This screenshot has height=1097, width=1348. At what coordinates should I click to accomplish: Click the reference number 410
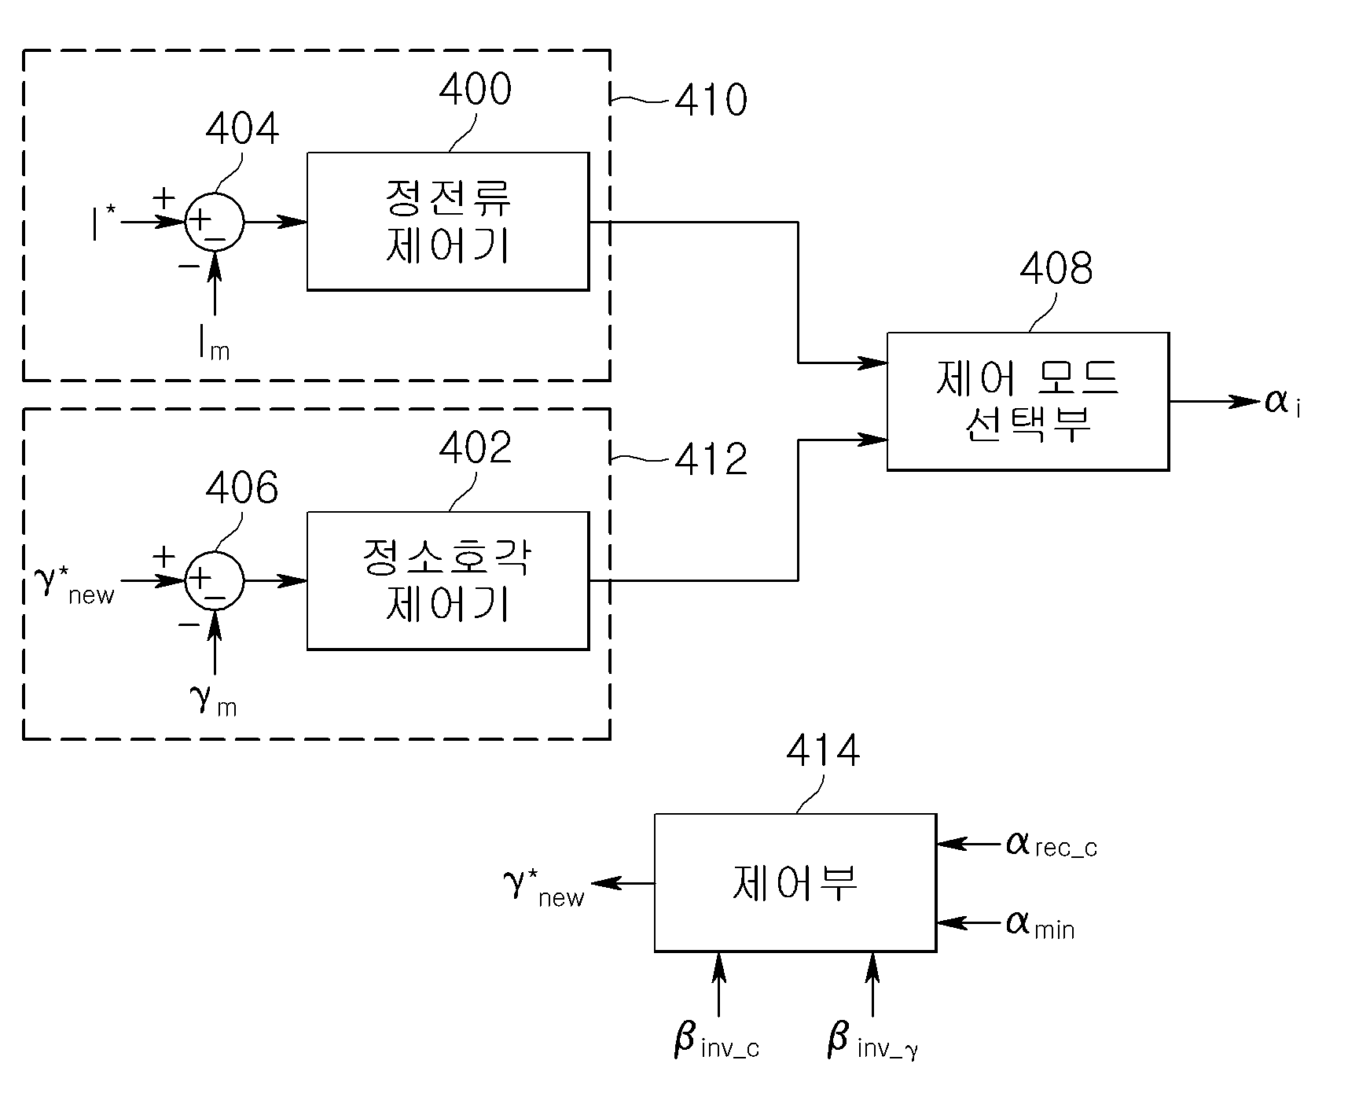(711, 101)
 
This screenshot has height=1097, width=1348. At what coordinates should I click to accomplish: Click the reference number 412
(711, 459)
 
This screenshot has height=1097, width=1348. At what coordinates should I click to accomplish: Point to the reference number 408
(1056, 269)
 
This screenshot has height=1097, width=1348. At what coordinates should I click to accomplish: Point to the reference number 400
(475, 89)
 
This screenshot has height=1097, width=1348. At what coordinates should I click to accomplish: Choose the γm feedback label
(213, 701)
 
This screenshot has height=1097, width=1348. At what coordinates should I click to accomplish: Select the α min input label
(1040, 924)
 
